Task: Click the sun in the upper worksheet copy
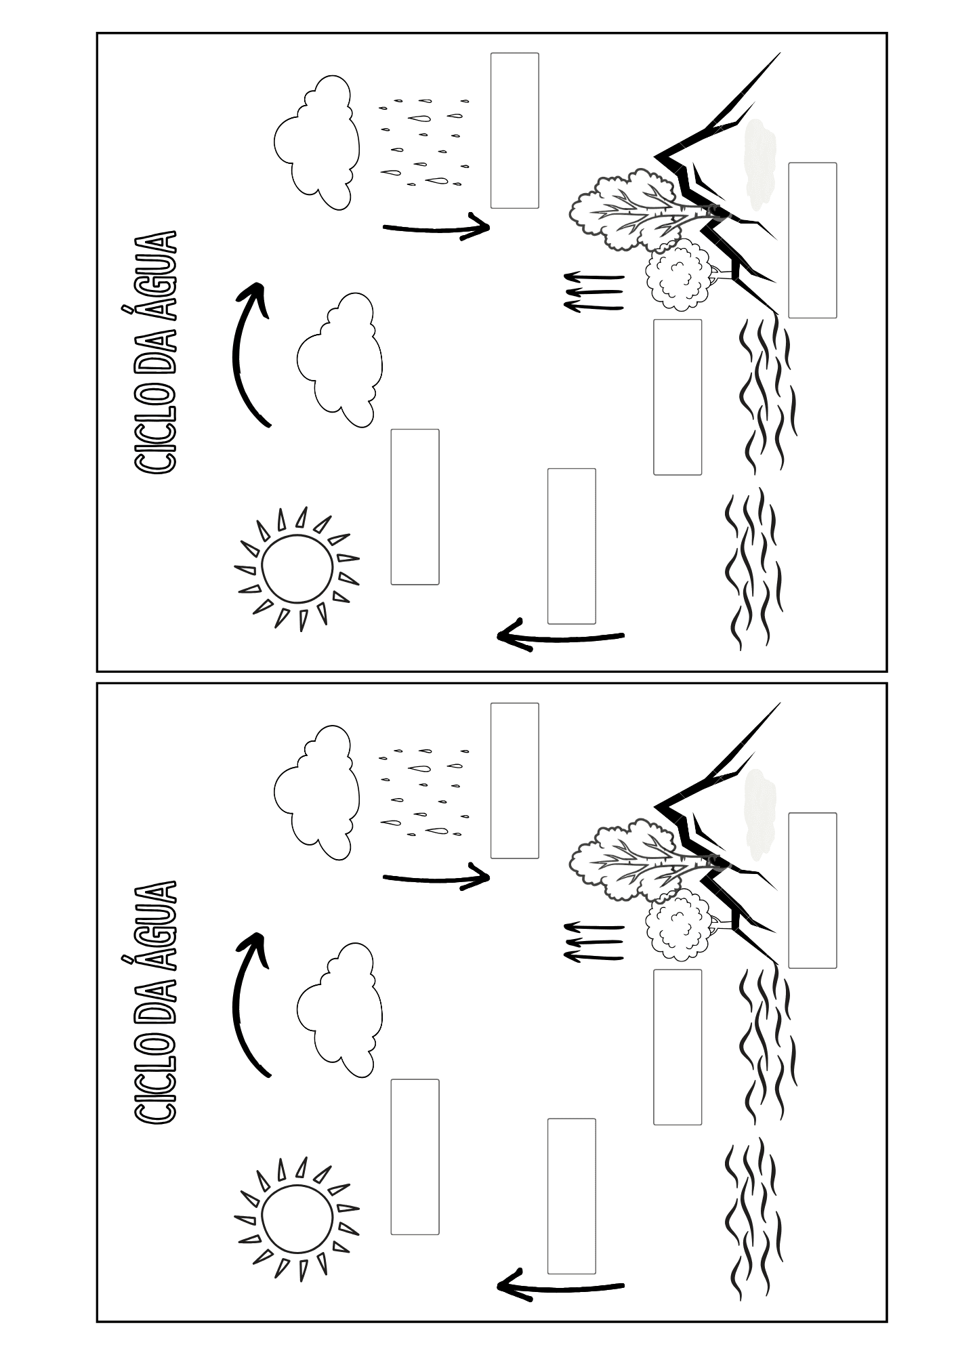point(297,568)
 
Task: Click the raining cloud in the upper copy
point(316,142)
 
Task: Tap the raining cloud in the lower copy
point(316,792)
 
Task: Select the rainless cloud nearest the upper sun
point(339,360)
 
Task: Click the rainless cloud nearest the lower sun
point(339,1009)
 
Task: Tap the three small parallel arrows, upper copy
point(593,292)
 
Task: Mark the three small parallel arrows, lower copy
point(593,942)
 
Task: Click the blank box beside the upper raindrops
point(515,131)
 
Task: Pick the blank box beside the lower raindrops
point(515,780)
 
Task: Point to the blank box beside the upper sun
point(415,507)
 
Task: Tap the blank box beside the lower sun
point(415,1156)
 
